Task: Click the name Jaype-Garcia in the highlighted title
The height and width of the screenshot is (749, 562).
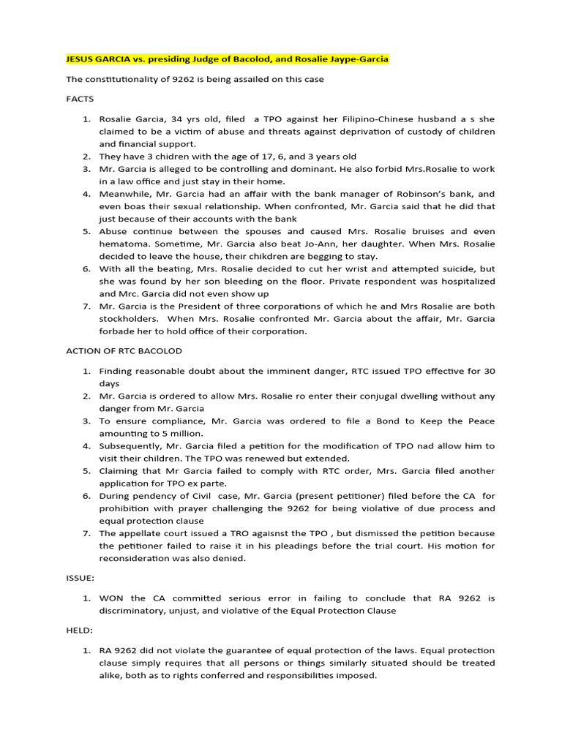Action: click(356, 59)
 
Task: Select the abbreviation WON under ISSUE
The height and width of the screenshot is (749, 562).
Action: click(111, 598)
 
